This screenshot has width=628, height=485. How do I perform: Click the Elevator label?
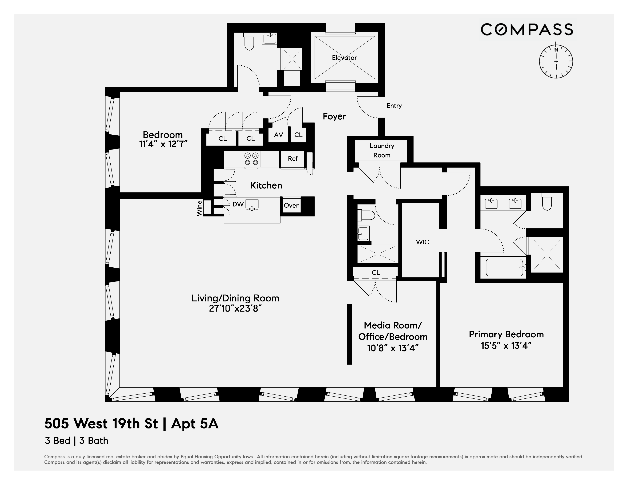[344, 58]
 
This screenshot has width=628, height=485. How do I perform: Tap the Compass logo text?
[527, 30]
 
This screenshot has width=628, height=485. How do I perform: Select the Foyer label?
[334, 116]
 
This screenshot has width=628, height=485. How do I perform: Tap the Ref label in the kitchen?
[293, 159]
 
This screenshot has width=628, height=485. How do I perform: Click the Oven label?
[292, 205]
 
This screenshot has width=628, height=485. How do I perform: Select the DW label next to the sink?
[238, 204]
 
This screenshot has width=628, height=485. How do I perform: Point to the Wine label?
[199, 208]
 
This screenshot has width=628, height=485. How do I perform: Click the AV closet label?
[278, 135]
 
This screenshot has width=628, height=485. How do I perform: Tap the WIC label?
[422, 242]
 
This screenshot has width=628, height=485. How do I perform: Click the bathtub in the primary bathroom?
[504, 267]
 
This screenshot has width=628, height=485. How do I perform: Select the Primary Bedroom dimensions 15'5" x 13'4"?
[506, 346]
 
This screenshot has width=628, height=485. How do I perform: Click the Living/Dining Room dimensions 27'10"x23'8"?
[235, 308]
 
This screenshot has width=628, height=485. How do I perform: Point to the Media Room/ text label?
[393, 325]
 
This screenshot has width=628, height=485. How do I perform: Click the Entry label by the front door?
[394, 106]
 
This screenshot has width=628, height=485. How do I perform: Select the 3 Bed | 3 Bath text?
[77, 441]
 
